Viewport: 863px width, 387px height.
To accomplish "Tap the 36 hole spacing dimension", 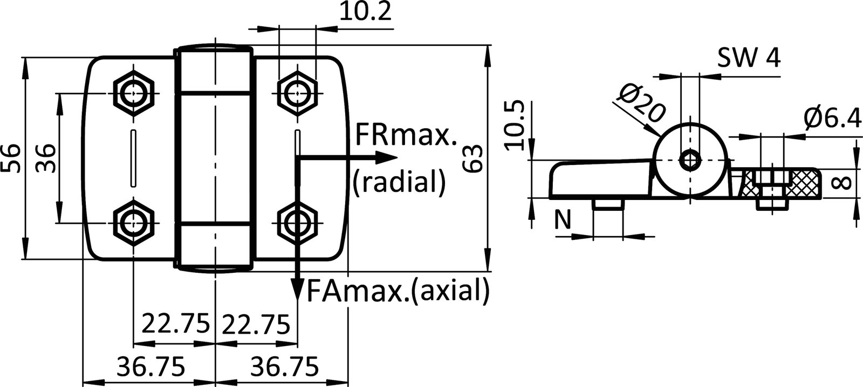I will click(46, 158).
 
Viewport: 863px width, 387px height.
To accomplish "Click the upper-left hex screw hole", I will click(133, 94).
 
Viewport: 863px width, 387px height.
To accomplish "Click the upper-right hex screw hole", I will click(296, 94).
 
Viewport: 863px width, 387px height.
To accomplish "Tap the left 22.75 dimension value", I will click(175, 324).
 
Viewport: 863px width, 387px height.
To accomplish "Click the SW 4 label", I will click(749, 58).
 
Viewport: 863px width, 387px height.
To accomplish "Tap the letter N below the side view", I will click(563, 219).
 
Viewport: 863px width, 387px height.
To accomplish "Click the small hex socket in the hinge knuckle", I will click(690, 160).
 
